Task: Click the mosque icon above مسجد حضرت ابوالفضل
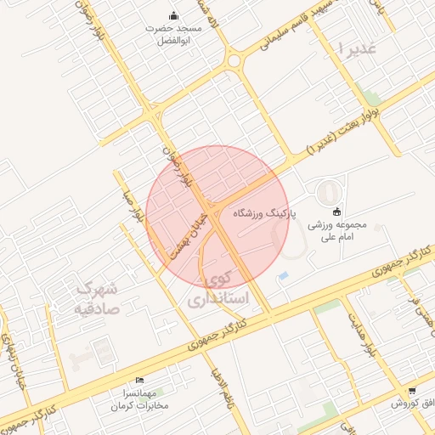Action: tap(174, 14)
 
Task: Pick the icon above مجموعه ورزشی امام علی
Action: tap(336, 212)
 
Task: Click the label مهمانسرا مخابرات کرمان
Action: tap(139, 399)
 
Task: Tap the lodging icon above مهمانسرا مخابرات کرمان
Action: tap(139, 380)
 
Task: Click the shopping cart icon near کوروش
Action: tap(412, 392)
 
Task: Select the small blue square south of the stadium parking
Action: tap(284, 276)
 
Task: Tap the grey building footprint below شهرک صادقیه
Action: tap(101, 349)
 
